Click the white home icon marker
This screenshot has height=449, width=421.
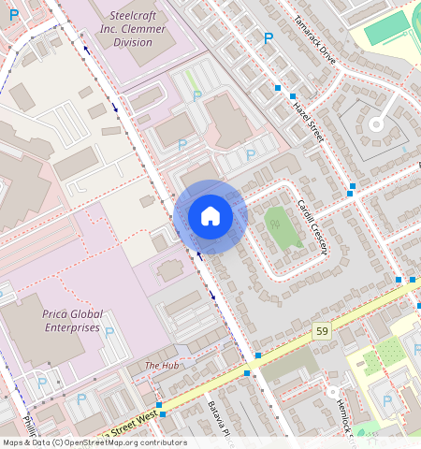(210, 216)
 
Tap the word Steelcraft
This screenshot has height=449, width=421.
(133, 16)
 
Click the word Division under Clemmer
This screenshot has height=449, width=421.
(132, 42)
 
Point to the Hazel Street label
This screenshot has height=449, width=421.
(306, 119)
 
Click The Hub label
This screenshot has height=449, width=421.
(161, 365)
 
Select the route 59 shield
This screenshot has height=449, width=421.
(322, 332)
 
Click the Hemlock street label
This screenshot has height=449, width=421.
(342, 415)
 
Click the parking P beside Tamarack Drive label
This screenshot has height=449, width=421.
(269, 38)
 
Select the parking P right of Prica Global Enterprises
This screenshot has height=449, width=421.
(109, 332)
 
